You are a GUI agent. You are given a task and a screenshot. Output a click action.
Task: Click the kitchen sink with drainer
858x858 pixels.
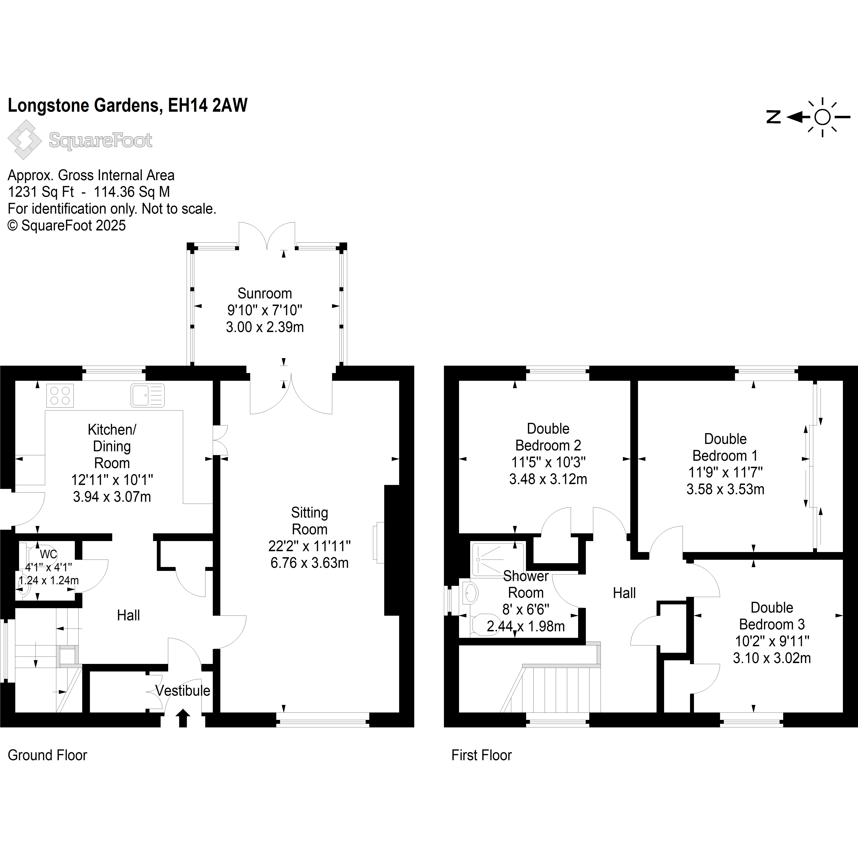[x=147, y=395]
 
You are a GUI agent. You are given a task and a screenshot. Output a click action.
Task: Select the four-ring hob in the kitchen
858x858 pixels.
[x=60, y=395]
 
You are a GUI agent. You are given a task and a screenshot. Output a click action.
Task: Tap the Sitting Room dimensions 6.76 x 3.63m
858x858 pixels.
[x=310, y=563]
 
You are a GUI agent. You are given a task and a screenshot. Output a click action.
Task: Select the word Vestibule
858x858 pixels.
[x=183, y=691]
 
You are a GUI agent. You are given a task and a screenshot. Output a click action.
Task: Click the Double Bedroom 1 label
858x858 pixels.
[x=725, y=447]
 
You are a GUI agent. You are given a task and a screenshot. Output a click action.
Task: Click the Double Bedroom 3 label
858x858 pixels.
[x=772, y=616]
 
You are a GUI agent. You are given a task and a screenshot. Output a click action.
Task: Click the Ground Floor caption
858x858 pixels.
[x=48, y=755]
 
